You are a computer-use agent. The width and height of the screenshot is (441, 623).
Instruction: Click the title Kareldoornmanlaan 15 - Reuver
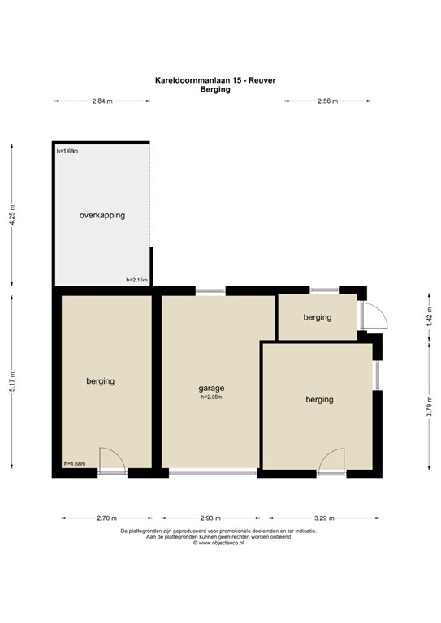tap(215, 80)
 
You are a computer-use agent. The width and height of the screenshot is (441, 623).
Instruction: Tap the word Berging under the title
tap(215, 89)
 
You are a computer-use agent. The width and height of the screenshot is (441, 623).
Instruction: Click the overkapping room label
tap(102, 215)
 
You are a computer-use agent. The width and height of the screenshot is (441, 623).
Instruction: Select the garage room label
tap(211, 389)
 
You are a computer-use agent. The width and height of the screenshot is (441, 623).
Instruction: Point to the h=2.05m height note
tap(211, 397)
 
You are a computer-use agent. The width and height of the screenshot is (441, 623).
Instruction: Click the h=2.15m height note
tap(136, 280)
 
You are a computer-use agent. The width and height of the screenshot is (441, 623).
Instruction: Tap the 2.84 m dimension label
tap(102, 101)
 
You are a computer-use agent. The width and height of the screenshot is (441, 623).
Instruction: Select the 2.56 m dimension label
tap(327, 101)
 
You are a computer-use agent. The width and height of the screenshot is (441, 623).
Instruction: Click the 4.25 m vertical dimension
tap(12, 215)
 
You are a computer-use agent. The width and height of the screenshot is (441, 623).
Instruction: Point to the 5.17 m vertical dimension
tap(12, 382)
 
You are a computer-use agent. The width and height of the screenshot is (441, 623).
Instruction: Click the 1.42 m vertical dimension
tap(429, 317)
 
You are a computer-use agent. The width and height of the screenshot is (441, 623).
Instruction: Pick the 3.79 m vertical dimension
tap(429, 406)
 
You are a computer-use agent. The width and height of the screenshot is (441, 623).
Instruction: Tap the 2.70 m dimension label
tap(106, 518)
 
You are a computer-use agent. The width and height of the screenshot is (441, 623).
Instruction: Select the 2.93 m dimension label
tap(210, 518)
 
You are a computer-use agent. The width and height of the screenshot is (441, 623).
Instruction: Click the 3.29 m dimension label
tap(324, 518)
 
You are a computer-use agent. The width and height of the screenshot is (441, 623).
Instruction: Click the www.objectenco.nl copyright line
tap(218, 543)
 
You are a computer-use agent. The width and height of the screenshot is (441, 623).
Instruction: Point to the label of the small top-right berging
tap(318, 317)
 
